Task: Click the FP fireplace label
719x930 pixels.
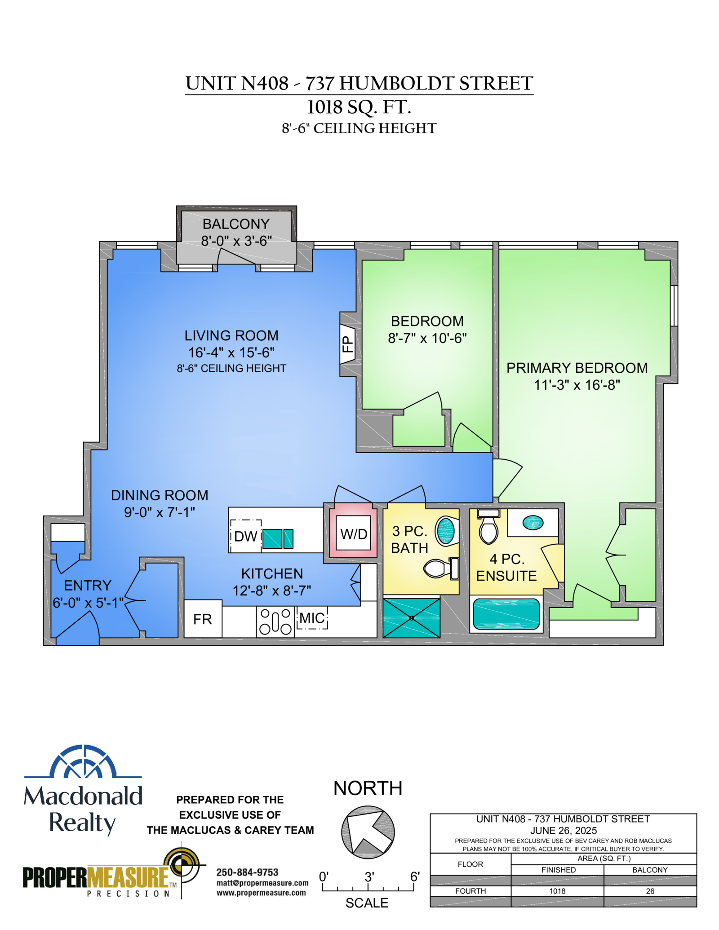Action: coord(347,344)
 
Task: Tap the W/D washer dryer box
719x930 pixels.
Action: coord(354,533)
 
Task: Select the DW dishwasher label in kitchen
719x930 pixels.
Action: coord(245,536)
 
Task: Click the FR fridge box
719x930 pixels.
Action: coord(203,619)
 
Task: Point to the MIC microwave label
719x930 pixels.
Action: coord(312,618)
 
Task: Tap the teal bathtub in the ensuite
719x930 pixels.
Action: coord(506,613)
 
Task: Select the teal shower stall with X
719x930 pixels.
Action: coord(412,618)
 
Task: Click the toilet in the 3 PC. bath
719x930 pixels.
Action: coord(441,569)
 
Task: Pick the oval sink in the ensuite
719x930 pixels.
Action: coord(533,522)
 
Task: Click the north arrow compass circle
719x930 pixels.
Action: coord(368,832)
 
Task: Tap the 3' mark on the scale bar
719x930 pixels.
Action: coord(369,877)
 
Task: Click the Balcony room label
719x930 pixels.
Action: coord(236,224)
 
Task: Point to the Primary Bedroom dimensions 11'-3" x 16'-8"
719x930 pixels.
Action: coord(577,385)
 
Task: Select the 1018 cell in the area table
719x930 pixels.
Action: coord(557,891)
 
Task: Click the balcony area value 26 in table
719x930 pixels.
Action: coord(650,891)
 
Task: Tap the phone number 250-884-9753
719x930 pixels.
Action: coord(248,872)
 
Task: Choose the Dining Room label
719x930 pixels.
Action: coord(160,495)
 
